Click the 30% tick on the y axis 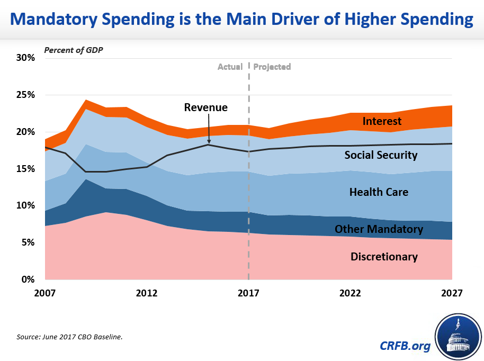click(24, 58)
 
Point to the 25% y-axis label click(24, 95)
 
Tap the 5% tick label click(26, 242)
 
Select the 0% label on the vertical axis click(26, 279)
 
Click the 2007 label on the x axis click(45, 293)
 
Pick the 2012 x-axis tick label click(147, 293)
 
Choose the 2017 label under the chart click(248, 293)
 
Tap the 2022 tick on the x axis click(350, 293)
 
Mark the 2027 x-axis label click(452, 293)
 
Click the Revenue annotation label click(205, 107)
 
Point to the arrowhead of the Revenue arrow click(210, 143)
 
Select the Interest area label click(382, 122)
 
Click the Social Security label click(381, 155)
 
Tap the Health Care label click(379, 192)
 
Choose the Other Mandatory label click(379, 229)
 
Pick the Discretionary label click(384, 257)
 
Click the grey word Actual click(230, 67)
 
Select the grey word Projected click(272, 67)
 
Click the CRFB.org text click(405, 346)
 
